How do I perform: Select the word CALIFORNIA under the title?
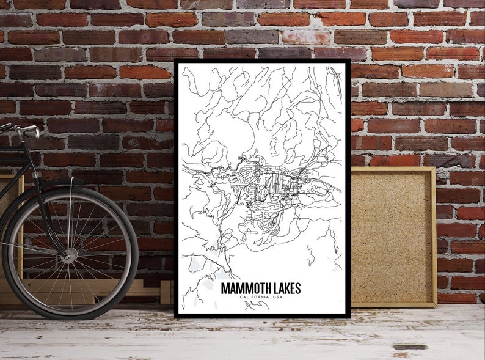coord(250,298)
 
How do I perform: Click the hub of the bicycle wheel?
coord(69,252)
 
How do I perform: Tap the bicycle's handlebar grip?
coord(27,130)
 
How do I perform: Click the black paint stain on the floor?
coord(410,347)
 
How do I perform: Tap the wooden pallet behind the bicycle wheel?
coord(147,287)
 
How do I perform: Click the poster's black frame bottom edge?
coord(263,316)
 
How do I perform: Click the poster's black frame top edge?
coord(263,62)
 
